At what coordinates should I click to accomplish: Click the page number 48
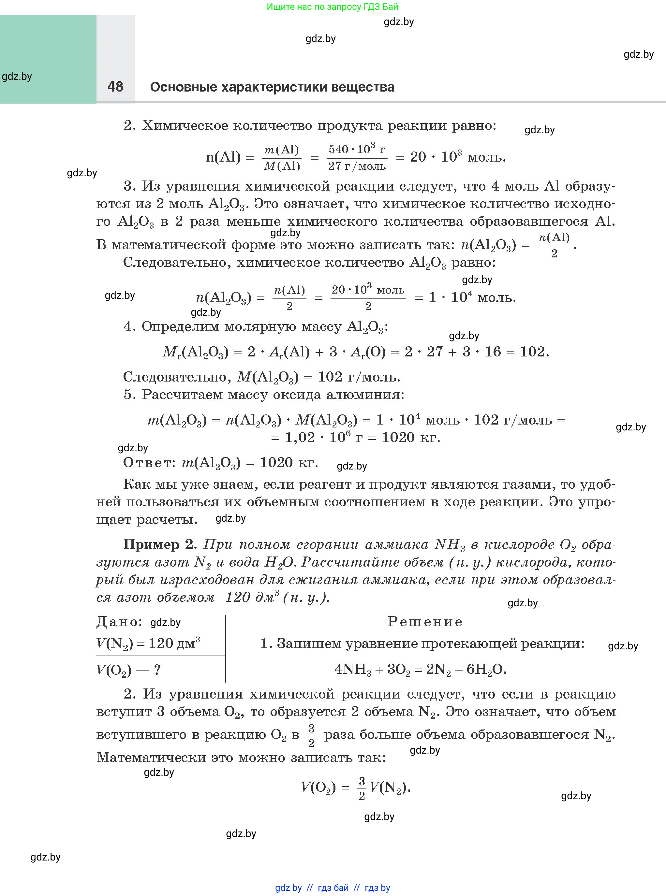coord(115,86)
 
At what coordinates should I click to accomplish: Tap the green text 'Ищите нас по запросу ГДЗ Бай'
coord(332,7)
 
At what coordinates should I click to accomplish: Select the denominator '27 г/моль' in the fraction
coord(357,166)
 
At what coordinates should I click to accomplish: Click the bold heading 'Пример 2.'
coord(160,544)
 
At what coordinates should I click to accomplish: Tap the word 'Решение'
coord(425,621)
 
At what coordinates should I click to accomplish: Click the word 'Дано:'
coord(119,622)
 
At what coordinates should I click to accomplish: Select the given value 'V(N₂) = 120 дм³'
coord(148,643)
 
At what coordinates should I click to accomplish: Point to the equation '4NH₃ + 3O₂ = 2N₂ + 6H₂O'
coord(420,669)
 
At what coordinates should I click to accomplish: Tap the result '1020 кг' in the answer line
coord(289,463)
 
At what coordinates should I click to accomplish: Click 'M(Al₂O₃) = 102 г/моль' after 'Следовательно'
coord(318,377)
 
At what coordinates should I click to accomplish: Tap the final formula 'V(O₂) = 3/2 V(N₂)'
coord(356,787)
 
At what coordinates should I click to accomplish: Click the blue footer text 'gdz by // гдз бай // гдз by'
coord(333,888)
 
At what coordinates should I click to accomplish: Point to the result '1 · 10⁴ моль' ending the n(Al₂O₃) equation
coord(472,297)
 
